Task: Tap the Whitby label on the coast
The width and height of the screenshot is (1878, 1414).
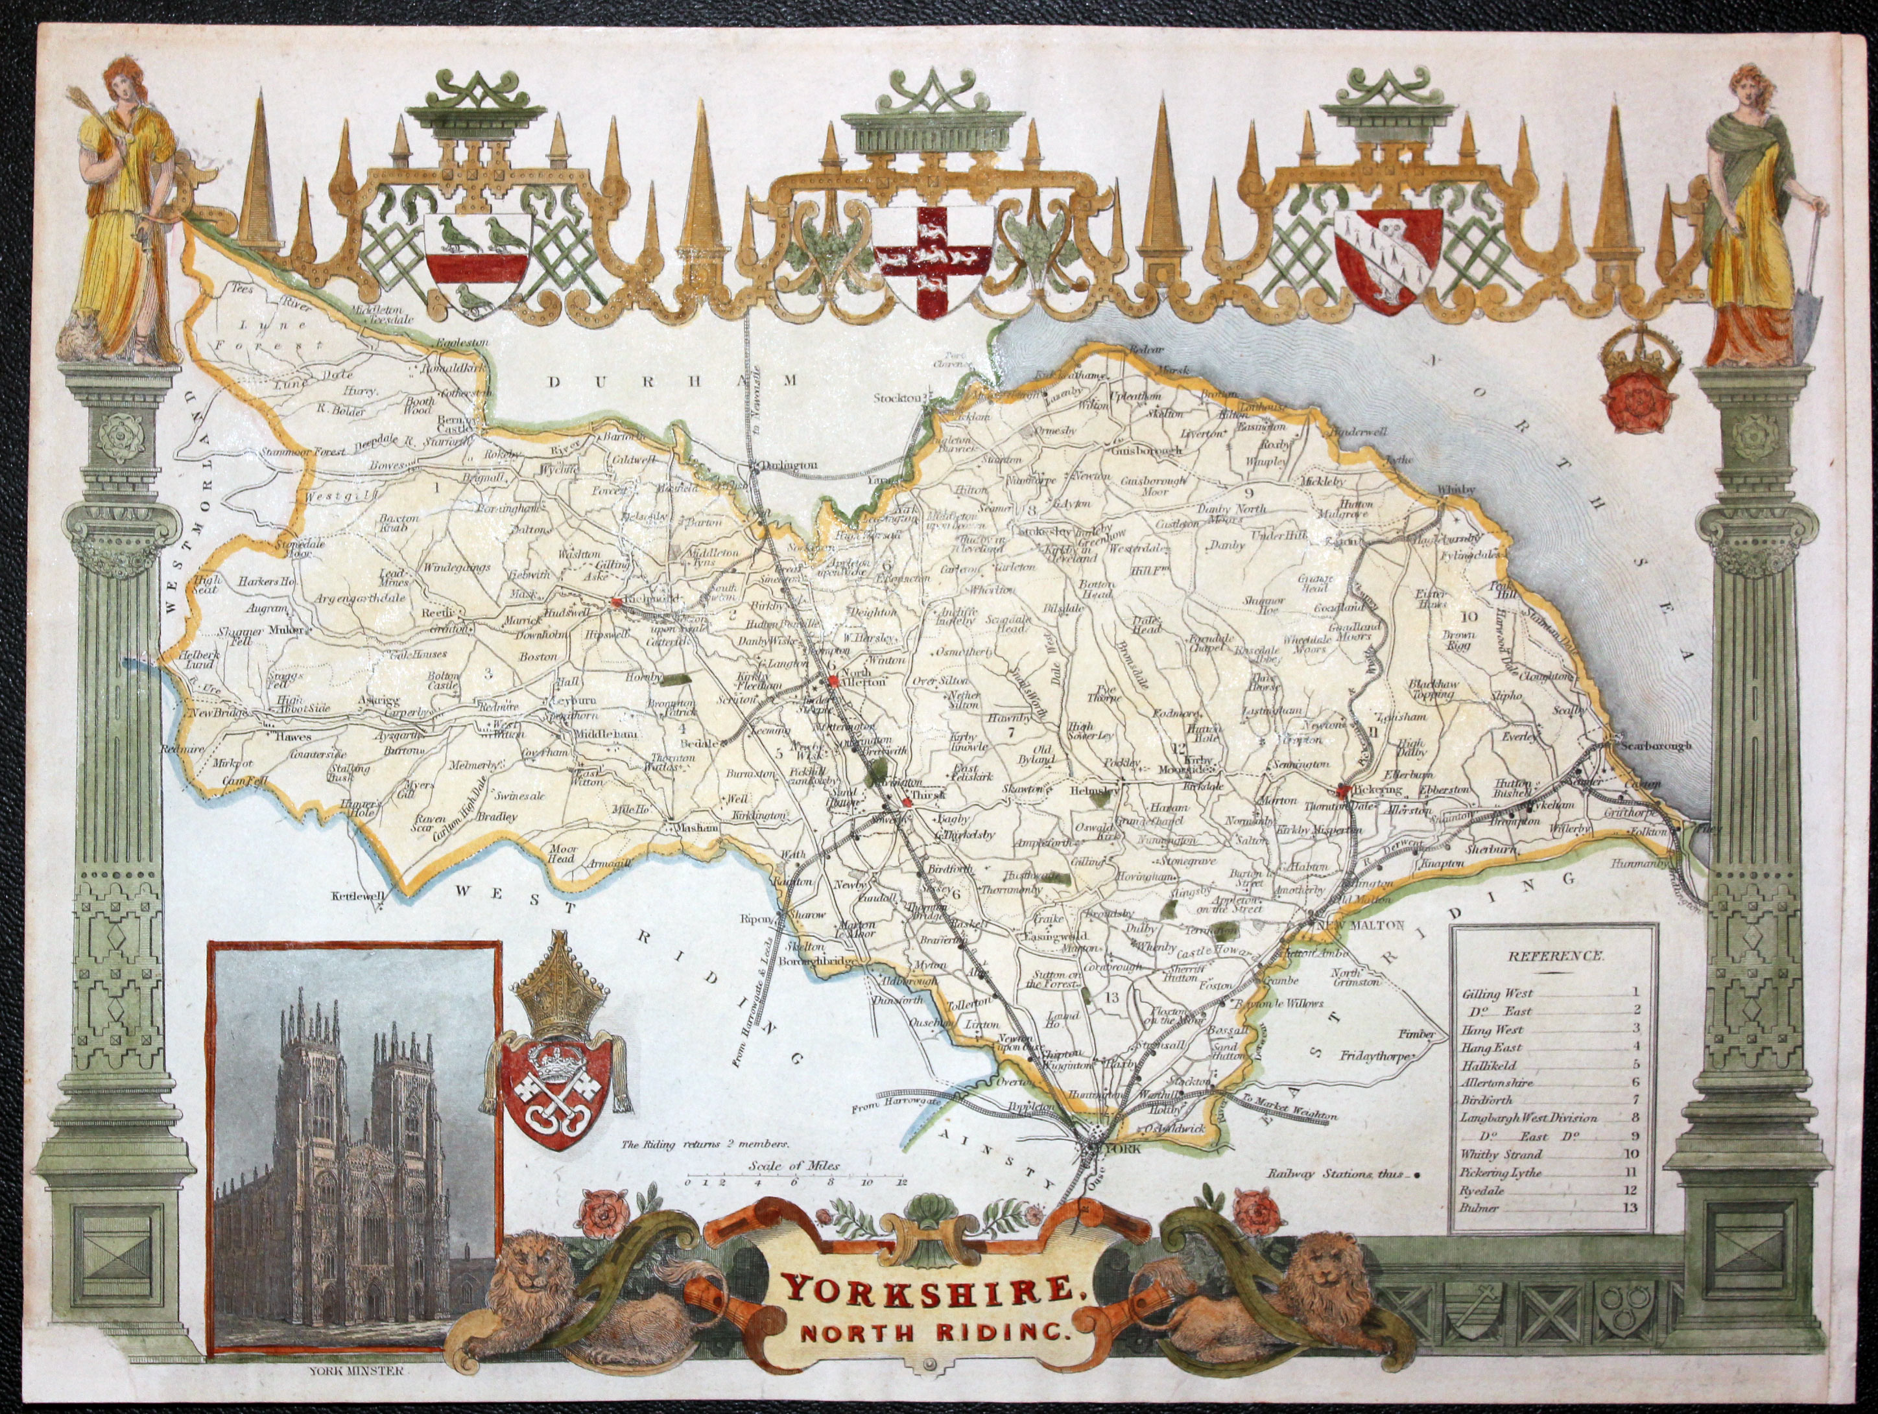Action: pyautogui.click(x=1457, y=489)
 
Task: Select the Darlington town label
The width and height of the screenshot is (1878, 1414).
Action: pyautogui.click(x=789, y=465)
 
